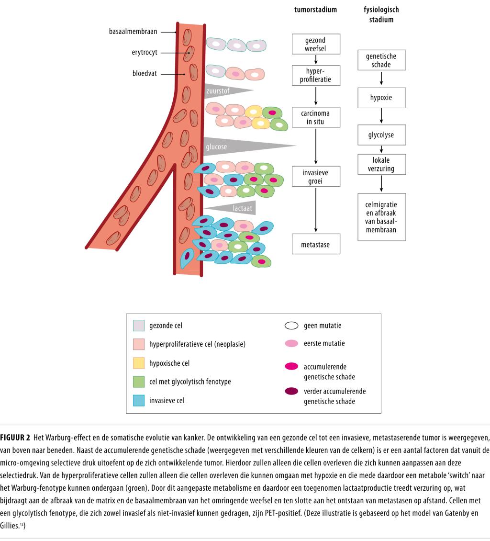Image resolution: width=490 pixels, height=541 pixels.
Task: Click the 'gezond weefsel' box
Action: coord(315,44)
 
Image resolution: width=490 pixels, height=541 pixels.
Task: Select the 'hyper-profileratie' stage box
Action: coord(315,76)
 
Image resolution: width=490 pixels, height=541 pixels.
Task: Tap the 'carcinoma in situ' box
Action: coord(315,117)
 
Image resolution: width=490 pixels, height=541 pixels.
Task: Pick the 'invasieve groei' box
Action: coord(315,176)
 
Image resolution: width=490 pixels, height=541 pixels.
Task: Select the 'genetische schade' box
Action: coord(381,60)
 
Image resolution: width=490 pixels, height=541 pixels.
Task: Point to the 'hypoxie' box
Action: coord(381,98)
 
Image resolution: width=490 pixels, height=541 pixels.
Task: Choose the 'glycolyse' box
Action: coord(381,135)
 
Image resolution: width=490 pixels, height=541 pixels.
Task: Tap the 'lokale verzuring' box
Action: coord(381,165)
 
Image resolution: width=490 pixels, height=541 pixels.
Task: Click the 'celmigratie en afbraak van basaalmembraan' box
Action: coord(381,217)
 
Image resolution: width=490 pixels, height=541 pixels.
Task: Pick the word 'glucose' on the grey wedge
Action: coord(216,147)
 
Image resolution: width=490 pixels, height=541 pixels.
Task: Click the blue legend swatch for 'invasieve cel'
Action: coord(138,400)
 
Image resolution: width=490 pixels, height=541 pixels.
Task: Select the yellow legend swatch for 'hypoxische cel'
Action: coord(138,363)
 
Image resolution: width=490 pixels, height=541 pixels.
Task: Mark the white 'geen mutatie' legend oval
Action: coord(291,326)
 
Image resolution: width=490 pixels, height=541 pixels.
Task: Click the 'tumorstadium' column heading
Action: coord(315,10)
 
